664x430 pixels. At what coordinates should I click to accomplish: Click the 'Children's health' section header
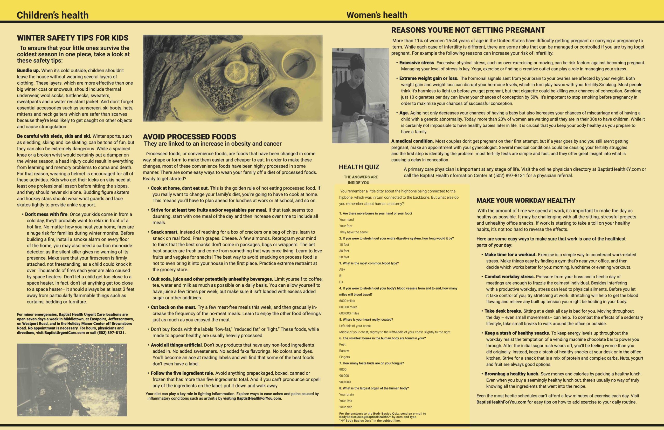52,15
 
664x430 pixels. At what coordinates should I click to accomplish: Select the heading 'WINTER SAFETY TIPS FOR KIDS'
73,38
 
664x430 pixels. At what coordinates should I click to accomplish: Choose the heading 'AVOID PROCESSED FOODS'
189,137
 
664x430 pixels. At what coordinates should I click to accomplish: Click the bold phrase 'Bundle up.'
29,70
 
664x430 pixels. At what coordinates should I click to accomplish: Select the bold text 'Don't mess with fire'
46,214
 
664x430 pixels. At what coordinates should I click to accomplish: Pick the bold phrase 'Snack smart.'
164,232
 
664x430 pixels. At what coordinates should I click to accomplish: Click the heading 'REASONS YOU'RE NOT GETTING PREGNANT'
468,30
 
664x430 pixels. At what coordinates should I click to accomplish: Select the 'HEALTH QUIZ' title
359,167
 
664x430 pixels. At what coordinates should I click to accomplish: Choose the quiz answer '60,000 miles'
348,307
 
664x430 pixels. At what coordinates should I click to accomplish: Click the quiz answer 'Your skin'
345,407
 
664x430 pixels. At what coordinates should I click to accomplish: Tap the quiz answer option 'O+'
341,282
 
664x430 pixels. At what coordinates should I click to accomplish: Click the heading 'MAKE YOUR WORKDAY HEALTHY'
526,200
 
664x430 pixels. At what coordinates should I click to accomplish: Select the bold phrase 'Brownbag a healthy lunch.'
512,374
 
